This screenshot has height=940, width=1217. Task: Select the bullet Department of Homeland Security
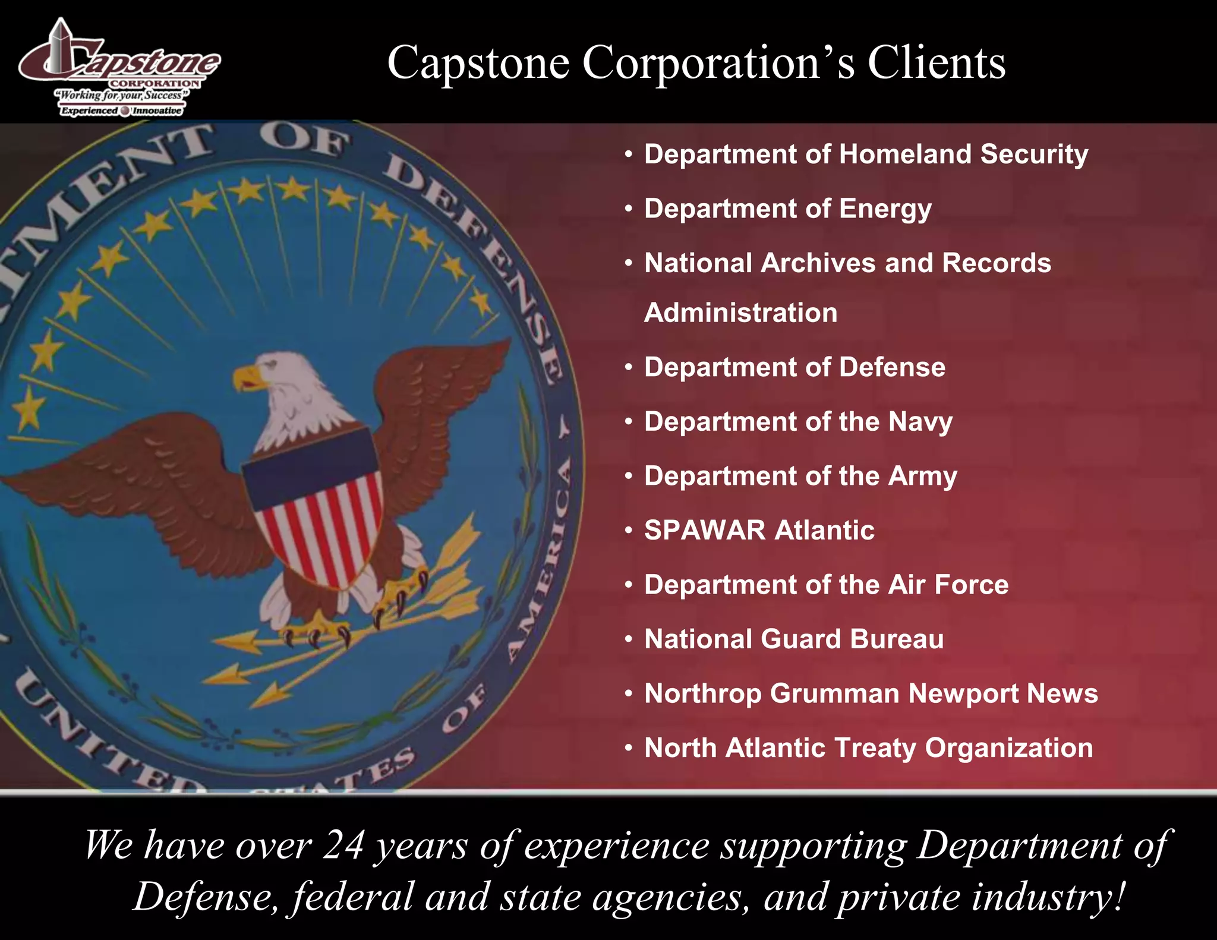(x=866, y=154)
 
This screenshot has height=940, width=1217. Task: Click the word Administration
(x=740, y=313)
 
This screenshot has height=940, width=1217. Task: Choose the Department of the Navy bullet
(x=798, y=422)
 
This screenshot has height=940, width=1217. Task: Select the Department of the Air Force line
(x=826, y=585)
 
